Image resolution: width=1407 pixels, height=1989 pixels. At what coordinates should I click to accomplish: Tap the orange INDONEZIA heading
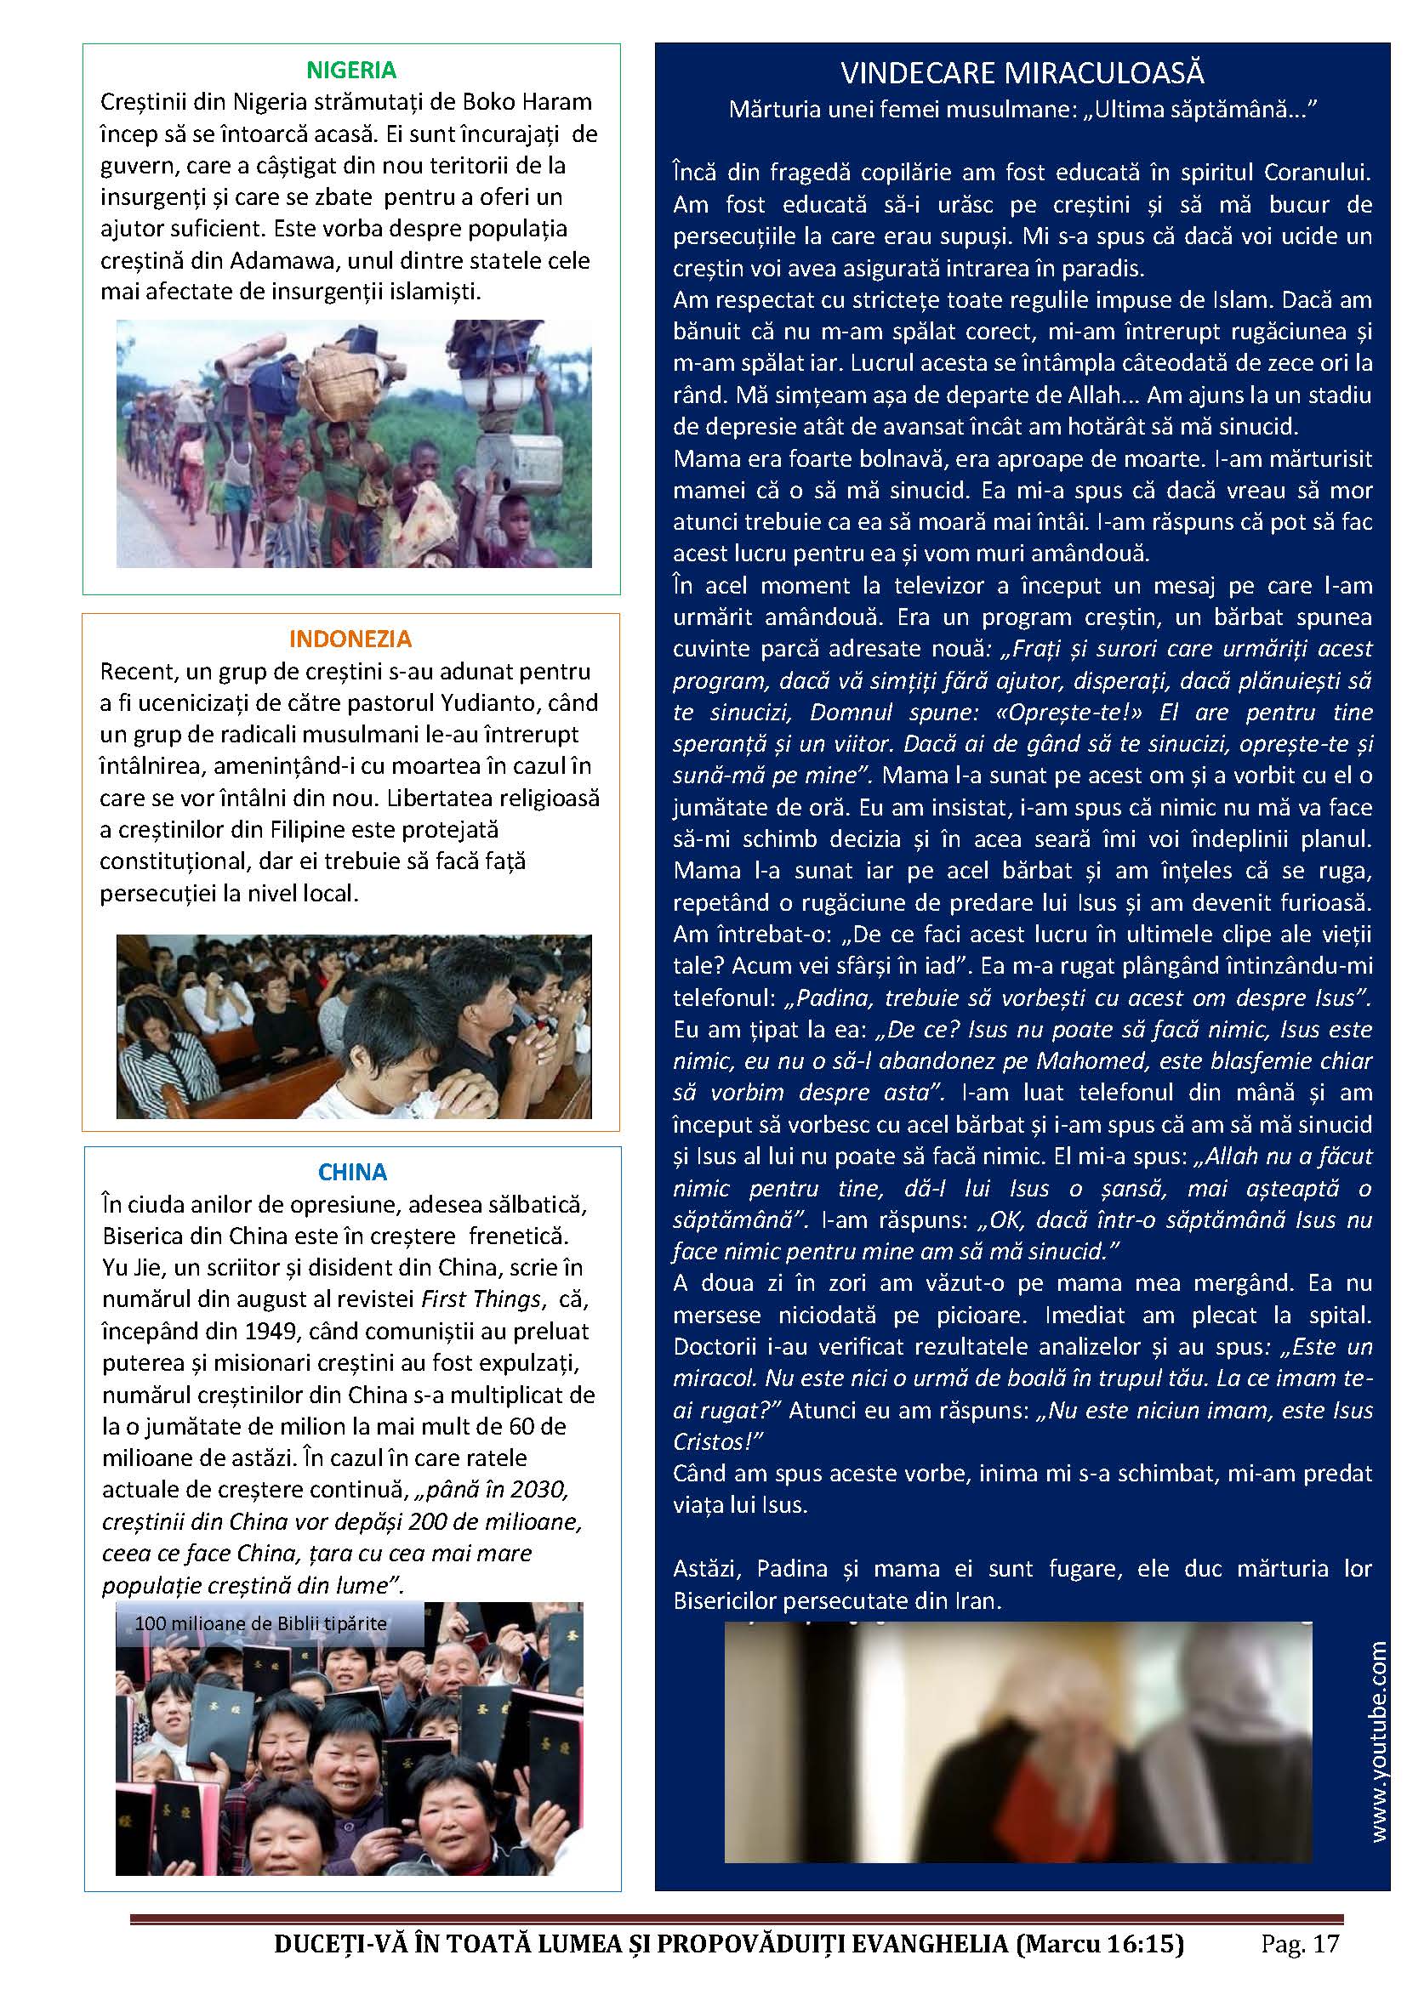[350, 639]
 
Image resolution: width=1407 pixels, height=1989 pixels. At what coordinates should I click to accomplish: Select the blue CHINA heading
[352, 1172]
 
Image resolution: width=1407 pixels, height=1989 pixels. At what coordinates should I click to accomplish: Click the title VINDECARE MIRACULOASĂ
[1022, 73]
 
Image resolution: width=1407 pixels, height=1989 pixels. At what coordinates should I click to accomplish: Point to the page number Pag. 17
[1301, 1945]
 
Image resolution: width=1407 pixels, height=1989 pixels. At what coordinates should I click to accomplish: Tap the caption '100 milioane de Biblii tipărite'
[261, 1622]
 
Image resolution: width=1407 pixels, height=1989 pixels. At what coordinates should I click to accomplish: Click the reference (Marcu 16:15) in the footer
[1100, 1945]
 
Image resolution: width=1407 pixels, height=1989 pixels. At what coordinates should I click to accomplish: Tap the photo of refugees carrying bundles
[354, 444]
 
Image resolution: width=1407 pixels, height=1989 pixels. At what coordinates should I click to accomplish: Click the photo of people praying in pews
[354, 1026]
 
